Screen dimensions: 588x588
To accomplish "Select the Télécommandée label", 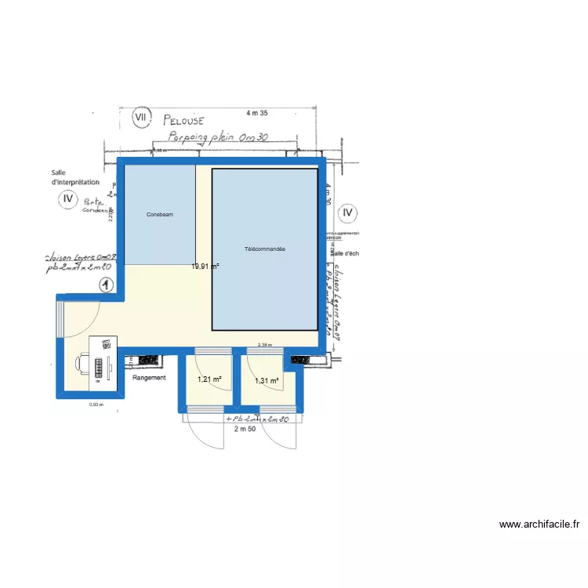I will (x=265, y=249).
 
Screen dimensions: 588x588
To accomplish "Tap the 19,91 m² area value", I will (x=205, y=266).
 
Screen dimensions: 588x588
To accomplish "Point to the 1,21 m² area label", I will (x=210, y=379).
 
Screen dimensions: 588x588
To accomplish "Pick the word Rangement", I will (x=150, y=378).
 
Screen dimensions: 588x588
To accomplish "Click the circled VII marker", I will (x=141, y=118).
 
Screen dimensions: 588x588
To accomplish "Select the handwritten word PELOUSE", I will (x=183, y=121).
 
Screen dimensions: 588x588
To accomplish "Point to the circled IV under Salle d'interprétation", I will (x=68, y=200).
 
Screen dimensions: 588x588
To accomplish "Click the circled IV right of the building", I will (x=347, y=212).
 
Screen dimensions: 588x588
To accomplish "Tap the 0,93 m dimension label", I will (x=96, y=405).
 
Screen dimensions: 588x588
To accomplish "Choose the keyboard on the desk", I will (x=100, y=366).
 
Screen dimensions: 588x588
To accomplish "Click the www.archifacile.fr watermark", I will (x=539, y=524).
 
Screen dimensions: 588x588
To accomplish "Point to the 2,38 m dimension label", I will (x=265, y=345).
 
